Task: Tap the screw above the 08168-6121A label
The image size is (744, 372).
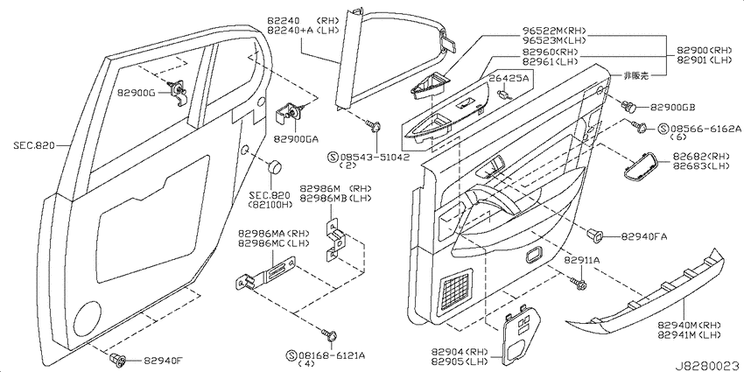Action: point(330,335)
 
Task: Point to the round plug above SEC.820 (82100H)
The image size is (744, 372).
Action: point(274,167)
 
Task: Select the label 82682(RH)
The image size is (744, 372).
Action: point(696,157)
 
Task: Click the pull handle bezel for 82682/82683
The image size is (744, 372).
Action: point(641,167)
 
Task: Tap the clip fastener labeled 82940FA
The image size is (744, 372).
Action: point(595,234)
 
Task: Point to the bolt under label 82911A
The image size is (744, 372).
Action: point(579,284)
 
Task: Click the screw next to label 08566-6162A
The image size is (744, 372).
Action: point(638,125)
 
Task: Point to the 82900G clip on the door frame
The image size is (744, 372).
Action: point(179,91)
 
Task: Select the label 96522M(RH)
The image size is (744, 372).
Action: point(551,31)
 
